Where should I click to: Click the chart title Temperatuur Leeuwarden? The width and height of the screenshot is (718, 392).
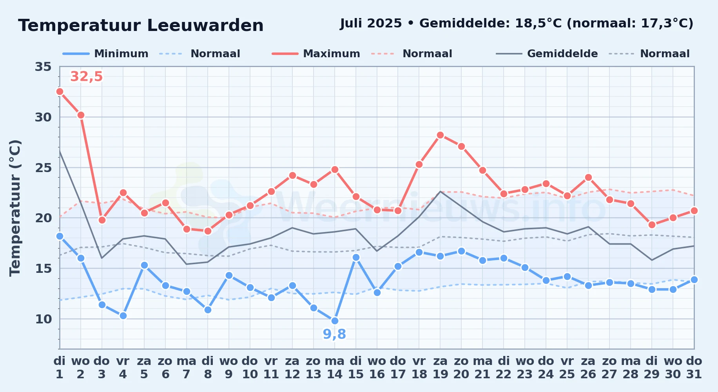click(x=141, y=25)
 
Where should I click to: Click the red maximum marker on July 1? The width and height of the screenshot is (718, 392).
click(x=60, y=91)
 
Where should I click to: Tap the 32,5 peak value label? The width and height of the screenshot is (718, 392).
click(x=86, y=76)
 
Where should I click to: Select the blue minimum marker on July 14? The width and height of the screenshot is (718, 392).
click(x=335, y=321)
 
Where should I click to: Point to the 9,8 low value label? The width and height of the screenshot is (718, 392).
click(x=334, y=334)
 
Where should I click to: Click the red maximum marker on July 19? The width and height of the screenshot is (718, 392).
click(x=440, y=135)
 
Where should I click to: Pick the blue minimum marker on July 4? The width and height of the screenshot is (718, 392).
click(x=123, y=316)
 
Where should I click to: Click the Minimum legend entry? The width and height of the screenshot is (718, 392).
click(x=105, y=54)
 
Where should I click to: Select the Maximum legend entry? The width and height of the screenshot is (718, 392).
click(x=316, y=54)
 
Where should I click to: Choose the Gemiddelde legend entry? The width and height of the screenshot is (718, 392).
click(x=547, y=54)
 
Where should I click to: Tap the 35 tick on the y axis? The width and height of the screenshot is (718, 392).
click(x=43, y=67)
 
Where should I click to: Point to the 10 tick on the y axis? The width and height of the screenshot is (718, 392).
click(x=43, y=319)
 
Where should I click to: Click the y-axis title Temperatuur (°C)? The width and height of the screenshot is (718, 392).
click(x=15, y=208)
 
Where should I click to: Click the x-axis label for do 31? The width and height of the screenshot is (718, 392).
click(x=694, y=368)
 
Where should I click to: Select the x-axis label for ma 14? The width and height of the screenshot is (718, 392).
click(x=335, y=368)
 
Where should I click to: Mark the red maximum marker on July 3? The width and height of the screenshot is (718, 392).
click(x=102, y=220)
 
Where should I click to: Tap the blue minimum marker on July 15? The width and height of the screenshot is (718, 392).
click(x=356, y=257)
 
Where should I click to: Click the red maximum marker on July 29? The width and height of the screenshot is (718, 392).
click(x=652, y=225)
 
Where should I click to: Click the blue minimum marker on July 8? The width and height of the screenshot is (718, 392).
click(x=208, y=310)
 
